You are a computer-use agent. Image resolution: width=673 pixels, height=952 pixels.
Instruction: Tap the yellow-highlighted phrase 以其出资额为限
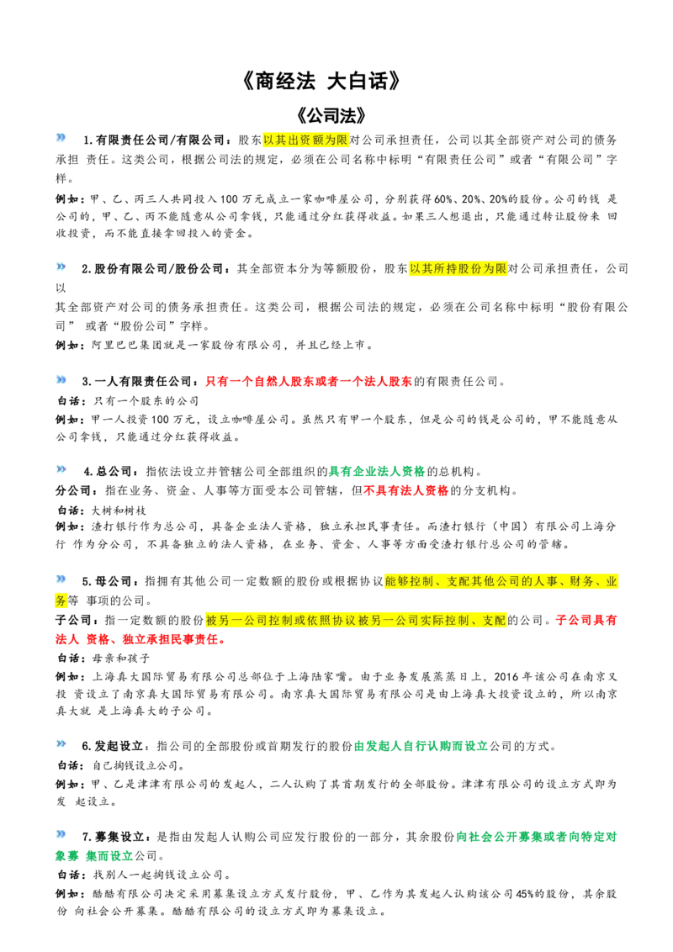pyautogui.click(x=305, y=140)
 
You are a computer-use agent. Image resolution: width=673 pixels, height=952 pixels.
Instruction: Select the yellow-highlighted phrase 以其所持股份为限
pyautogui.click(x=458, y=268)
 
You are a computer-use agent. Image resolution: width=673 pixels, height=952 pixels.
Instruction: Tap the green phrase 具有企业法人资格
pyautogui.click(x=377, y=471)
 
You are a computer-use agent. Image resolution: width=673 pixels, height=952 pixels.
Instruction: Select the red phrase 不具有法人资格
pyautogui.click(x=405, y=490)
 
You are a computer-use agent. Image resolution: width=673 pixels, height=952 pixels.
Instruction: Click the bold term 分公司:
pyautogui.click(x=73, y=490)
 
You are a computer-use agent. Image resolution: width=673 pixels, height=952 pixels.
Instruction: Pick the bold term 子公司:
pyautogui.click(x=73, y=620)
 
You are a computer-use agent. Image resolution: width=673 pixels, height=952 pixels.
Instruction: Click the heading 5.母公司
pyautogui.click(x=107, y=581)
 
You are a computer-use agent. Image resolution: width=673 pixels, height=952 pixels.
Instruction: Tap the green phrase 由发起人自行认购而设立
pyautogui.click(x=421, y=746)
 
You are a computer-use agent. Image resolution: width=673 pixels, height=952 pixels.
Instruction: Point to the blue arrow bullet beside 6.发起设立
pyautogui.click(x=61, y=743)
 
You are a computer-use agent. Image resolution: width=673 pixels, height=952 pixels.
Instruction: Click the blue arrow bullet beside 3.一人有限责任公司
pyautogui.click(x=61, y=379)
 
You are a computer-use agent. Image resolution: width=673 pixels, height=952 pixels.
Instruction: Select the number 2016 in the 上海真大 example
pyautogui.click(x=506, y=676)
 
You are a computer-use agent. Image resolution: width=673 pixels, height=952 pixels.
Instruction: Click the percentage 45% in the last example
pyautogui.click(x=524, y=894)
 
